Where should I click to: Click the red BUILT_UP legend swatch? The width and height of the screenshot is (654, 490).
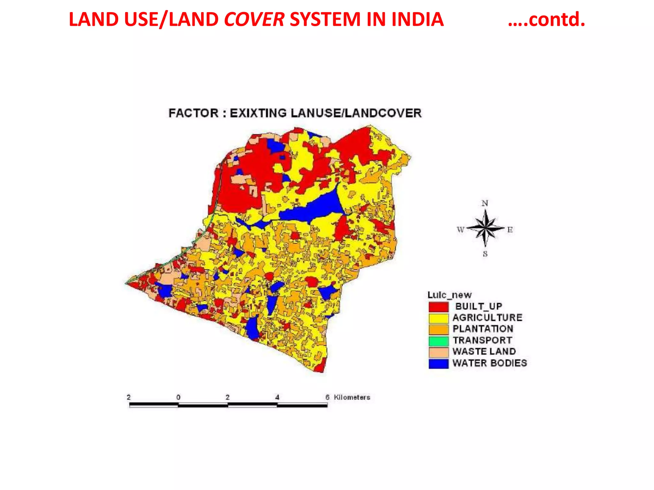pos(438,307)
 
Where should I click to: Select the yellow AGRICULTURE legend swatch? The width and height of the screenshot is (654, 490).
pos(438,318)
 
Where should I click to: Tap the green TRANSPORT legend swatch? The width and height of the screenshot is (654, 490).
pos(438,341)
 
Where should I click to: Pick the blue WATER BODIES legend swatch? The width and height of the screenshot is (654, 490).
pos(438,364)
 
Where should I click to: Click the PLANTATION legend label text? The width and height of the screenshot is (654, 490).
pos(483,329)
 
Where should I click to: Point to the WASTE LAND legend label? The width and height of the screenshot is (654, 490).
pos(484,352)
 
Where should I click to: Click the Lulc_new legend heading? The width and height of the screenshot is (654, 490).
pos(449,295)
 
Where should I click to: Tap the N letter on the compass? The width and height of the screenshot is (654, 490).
pos(485,203)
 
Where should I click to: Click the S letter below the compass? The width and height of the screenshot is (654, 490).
pos(485,254)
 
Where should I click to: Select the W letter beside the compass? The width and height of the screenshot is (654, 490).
pos(460,230)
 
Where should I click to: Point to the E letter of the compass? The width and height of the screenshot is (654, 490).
pos(510,230)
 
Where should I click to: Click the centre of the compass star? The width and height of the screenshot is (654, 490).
pos(485,228)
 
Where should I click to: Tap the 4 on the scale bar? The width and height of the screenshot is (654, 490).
pos(277,397)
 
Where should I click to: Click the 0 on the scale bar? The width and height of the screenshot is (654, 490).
pos(178,397)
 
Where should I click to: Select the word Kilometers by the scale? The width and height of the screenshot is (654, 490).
pos(352,397)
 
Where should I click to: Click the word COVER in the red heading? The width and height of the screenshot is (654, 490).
pos(254,19)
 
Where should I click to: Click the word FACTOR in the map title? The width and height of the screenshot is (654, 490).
pos(194,113)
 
